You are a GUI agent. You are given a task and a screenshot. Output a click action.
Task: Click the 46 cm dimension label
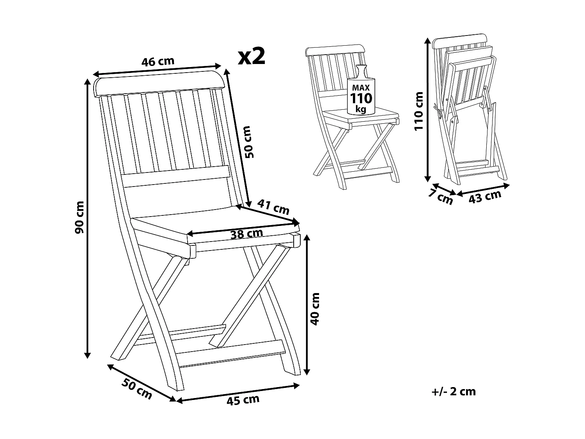pyautogui.click(x=158, y=62)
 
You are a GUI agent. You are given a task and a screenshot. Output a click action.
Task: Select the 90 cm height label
pyautogui.click(x=80, y=217)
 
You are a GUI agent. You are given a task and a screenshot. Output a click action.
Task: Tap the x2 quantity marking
pyautogui.click(x=252, y=57)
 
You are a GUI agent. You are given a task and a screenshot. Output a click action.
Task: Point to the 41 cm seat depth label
pyautogui.click(x=273, y=208)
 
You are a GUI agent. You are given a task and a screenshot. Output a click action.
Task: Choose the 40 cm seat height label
pyautogui.click(x=316, y=308)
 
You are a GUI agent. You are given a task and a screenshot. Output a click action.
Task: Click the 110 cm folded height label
pyautogui.click(x=418, y=111)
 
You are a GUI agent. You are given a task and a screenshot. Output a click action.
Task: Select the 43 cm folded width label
pyautogui.click(x=485, y=197)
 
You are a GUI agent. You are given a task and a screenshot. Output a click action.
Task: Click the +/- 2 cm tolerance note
pyautogui.click(x=454, y=391)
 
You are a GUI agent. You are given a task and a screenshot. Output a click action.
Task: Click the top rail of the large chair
pyautogui.click(x=160, y=85)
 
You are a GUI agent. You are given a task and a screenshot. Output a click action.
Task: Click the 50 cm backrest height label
pyautogui.click(x=248, y=141)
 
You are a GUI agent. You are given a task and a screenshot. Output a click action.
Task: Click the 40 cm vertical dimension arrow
pyautogui.click(x=307, y=304)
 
